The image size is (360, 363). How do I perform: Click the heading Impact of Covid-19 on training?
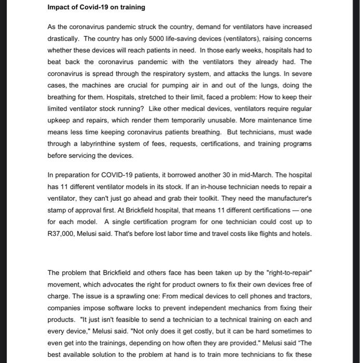(x=96, y=7)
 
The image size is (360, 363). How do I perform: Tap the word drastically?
(x=64, y=38)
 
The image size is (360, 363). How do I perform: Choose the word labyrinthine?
(x=96, y=144)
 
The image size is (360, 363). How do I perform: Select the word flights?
(x=265, y=233)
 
